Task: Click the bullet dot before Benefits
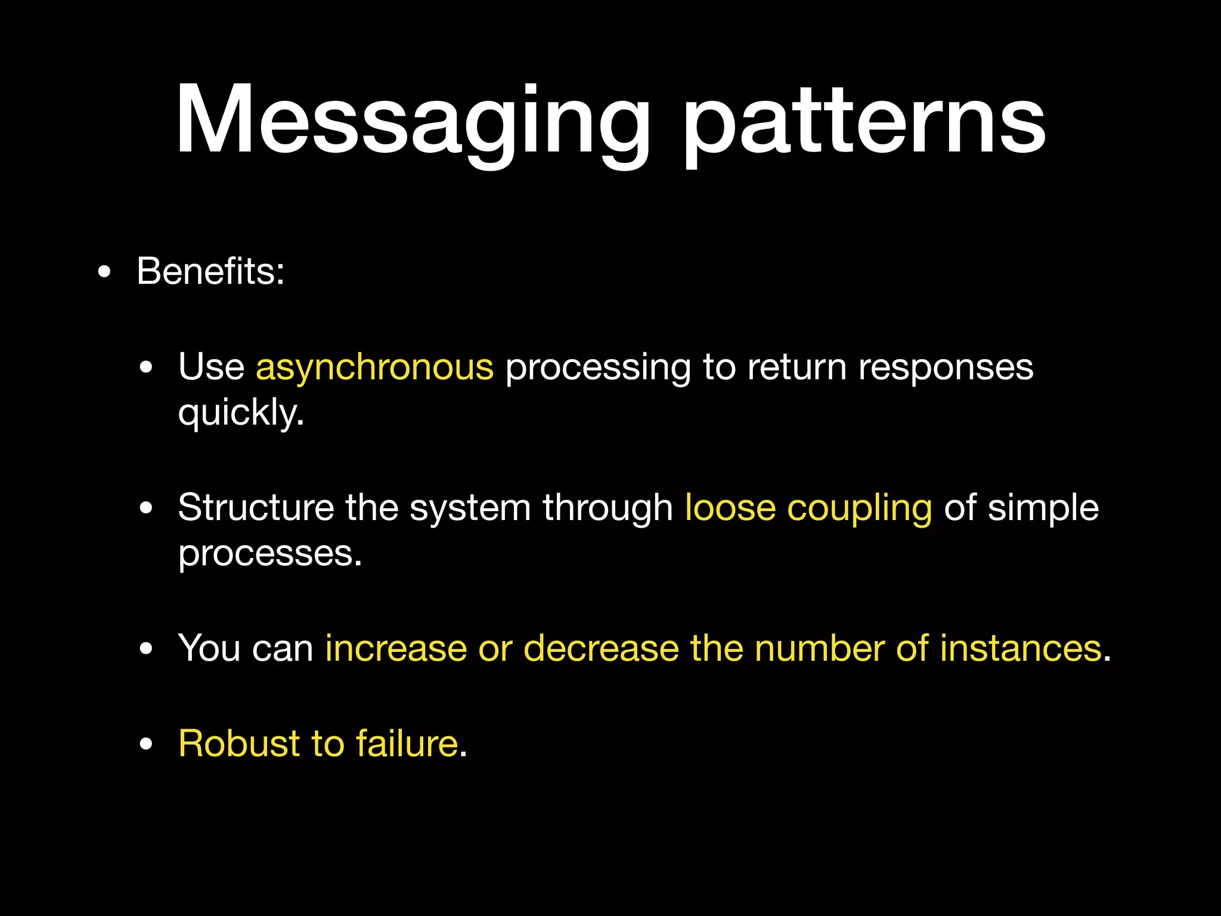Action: click(104, 273)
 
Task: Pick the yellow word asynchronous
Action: click(374, 367)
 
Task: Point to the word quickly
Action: click(241, 413)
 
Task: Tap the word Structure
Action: click(256, 508)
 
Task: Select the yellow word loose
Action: click(730, 508)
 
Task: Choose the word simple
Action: click(1043, 508)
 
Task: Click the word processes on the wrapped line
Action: click(269, 555)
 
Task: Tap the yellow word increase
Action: click(396, 648)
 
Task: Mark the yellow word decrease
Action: click(601, 648)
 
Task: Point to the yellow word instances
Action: click(1021, 648)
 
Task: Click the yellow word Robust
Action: click(239, 744)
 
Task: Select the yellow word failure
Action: click(407, 744)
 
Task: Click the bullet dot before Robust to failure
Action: click(146, 745)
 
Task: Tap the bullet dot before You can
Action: click(146, 649)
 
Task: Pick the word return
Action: click(797, 367)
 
